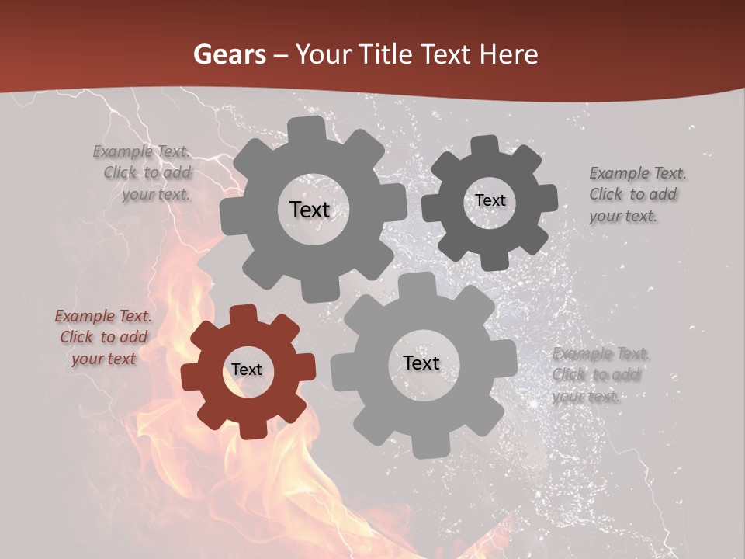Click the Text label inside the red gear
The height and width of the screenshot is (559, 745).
coord(247,370)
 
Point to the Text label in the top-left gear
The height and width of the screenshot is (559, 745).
coord(310,210)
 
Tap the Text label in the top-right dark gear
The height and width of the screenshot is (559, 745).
coord(490,200)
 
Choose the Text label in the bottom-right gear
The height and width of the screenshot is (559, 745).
coord(421,363)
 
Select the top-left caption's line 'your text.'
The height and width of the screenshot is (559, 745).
coord(156,194)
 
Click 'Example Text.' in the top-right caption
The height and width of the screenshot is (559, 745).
coord(638,173)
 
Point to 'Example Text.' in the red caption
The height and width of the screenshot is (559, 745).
coord(103,316)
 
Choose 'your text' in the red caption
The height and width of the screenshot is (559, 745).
coord(104,359)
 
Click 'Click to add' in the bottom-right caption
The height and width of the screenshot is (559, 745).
coord(596,375)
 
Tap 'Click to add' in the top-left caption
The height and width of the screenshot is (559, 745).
coord(147,173)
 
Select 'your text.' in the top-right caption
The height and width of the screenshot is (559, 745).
coord(623,216)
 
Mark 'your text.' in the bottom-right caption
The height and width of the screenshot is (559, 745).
coord(587,397)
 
